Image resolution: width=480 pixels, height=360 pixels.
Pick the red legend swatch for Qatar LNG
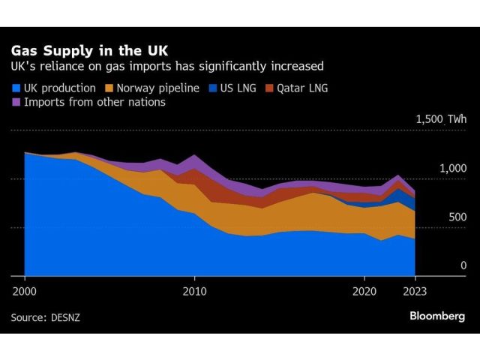[x=269, y=88]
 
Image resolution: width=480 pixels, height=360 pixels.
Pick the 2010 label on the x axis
[x=194, y=290]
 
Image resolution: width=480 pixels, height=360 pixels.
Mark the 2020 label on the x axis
[x=364, y=290]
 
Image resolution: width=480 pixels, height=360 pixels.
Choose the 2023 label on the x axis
[x=415, y=290]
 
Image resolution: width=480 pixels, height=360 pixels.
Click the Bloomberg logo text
[x=437, y=316]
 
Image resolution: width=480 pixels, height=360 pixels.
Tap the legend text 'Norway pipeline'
[x=157, y=88]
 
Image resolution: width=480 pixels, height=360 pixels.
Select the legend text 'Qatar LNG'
[x=304, y=88]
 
